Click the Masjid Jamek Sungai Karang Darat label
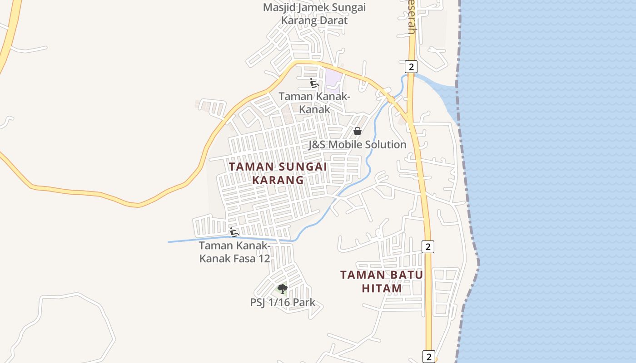tap(314, 14)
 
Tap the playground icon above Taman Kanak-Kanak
tap(313, 83)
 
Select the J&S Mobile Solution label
tap(357, 145)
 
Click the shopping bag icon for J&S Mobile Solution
tap(358, 131)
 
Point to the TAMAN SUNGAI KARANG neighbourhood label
tap(278, 173)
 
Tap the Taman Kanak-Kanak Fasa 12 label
tap(234, 252)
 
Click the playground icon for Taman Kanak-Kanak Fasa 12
tap(234, 232)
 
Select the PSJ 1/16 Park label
tap(283, 303)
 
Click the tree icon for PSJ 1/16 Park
tap(283, 289)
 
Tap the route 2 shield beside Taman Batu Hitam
tap(427, 247)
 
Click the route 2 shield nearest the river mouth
tap(411, 67)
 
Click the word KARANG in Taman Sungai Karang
tap(278, 180)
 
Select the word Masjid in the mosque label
tap(278, 7)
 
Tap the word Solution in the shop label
tap(384, 145)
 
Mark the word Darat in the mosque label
tap(333, 20)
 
